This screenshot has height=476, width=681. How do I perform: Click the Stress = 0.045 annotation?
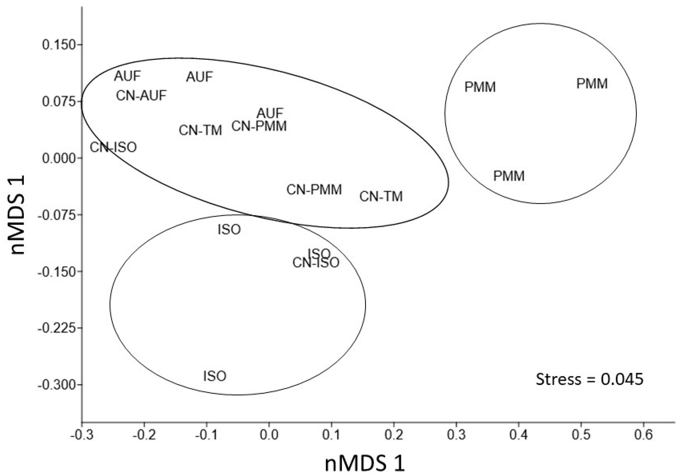coord(590,379)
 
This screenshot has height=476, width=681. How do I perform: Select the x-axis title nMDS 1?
coord(365,463)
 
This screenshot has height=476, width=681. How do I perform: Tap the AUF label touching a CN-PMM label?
coord(270,113)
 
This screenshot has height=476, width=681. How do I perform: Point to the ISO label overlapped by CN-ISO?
coord(320,253)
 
